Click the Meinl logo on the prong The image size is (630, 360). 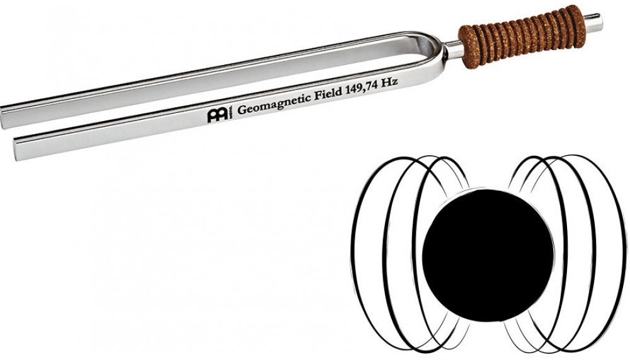218,114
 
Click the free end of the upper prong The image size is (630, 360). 3,117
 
